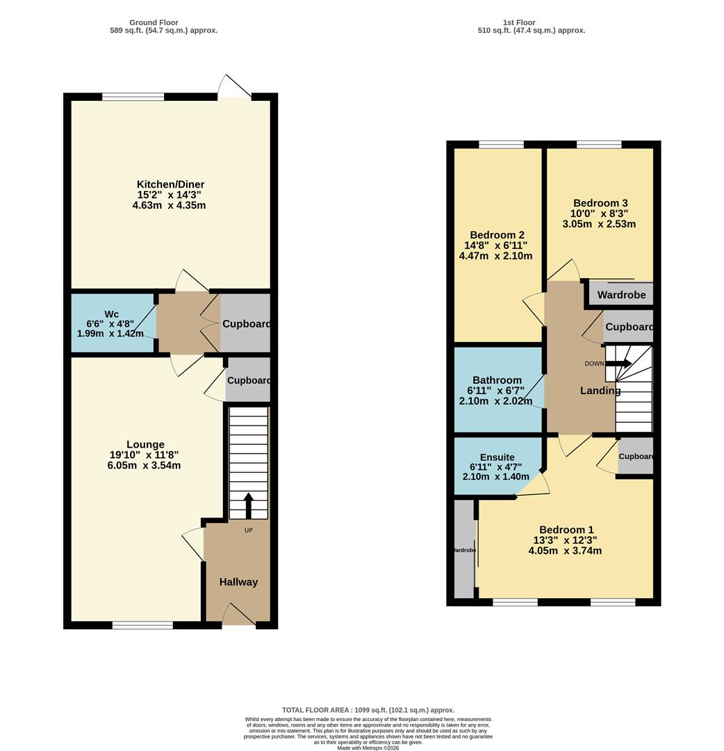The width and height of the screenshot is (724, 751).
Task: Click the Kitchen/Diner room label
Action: point(170,184)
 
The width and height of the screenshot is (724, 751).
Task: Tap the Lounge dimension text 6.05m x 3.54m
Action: point(144,465)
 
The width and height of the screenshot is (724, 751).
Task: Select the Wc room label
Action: point(113,314)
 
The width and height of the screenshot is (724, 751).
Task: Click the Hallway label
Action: point(238,582)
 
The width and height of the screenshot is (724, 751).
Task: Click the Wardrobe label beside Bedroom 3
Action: point(621,295)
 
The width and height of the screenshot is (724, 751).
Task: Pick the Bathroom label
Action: point(497,380)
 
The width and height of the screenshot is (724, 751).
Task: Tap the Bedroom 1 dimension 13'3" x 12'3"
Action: point(565,540)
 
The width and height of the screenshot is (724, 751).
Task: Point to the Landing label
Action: point(600,391)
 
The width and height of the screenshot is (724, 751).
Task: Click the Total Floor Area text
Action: point(368,709)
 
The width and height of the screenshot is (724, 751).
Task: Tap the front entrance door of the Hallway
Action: point(238,615)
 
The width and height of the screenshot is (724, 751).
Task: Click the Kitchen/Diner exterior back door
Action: point(235,88)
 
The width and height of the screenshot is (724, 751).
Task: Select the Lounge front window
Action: point(142,625)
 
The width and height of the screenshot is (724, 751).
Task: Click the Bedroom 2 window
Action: point(501,144)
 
